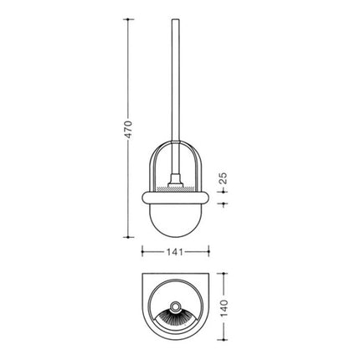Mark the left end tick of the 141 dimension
click(x=141, y=249)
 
